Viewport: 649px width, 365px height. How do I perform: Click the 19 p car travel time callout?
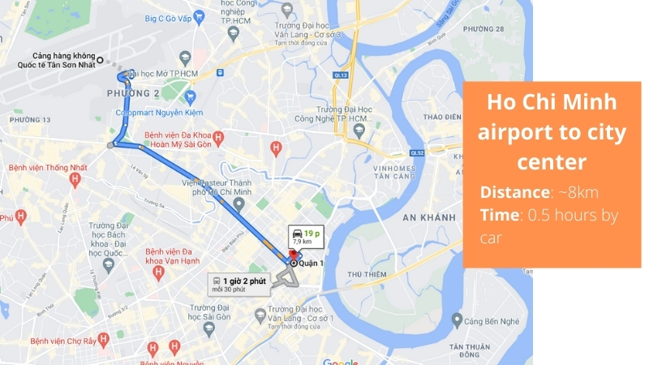(305, 237)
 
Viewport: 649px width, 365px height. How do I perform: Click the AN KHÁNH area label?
(426, 218)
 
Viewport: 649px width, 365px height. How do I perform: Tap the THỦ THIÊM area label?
(366, 275)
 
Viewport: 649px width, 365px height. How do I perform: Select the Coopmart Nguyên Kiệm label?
(160, 112)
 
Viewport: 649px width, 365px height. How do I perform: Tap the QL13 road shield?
(341, 75)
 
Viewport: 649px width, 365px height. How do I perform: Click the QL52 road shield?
(417, 152)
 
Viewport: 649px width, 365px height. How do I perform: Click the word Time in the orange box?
(499, 214)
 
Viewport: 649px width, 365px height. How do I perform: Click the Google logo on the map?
(340, 362)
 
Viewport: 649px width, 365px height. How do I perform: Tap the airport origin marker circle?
(100, 59)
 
